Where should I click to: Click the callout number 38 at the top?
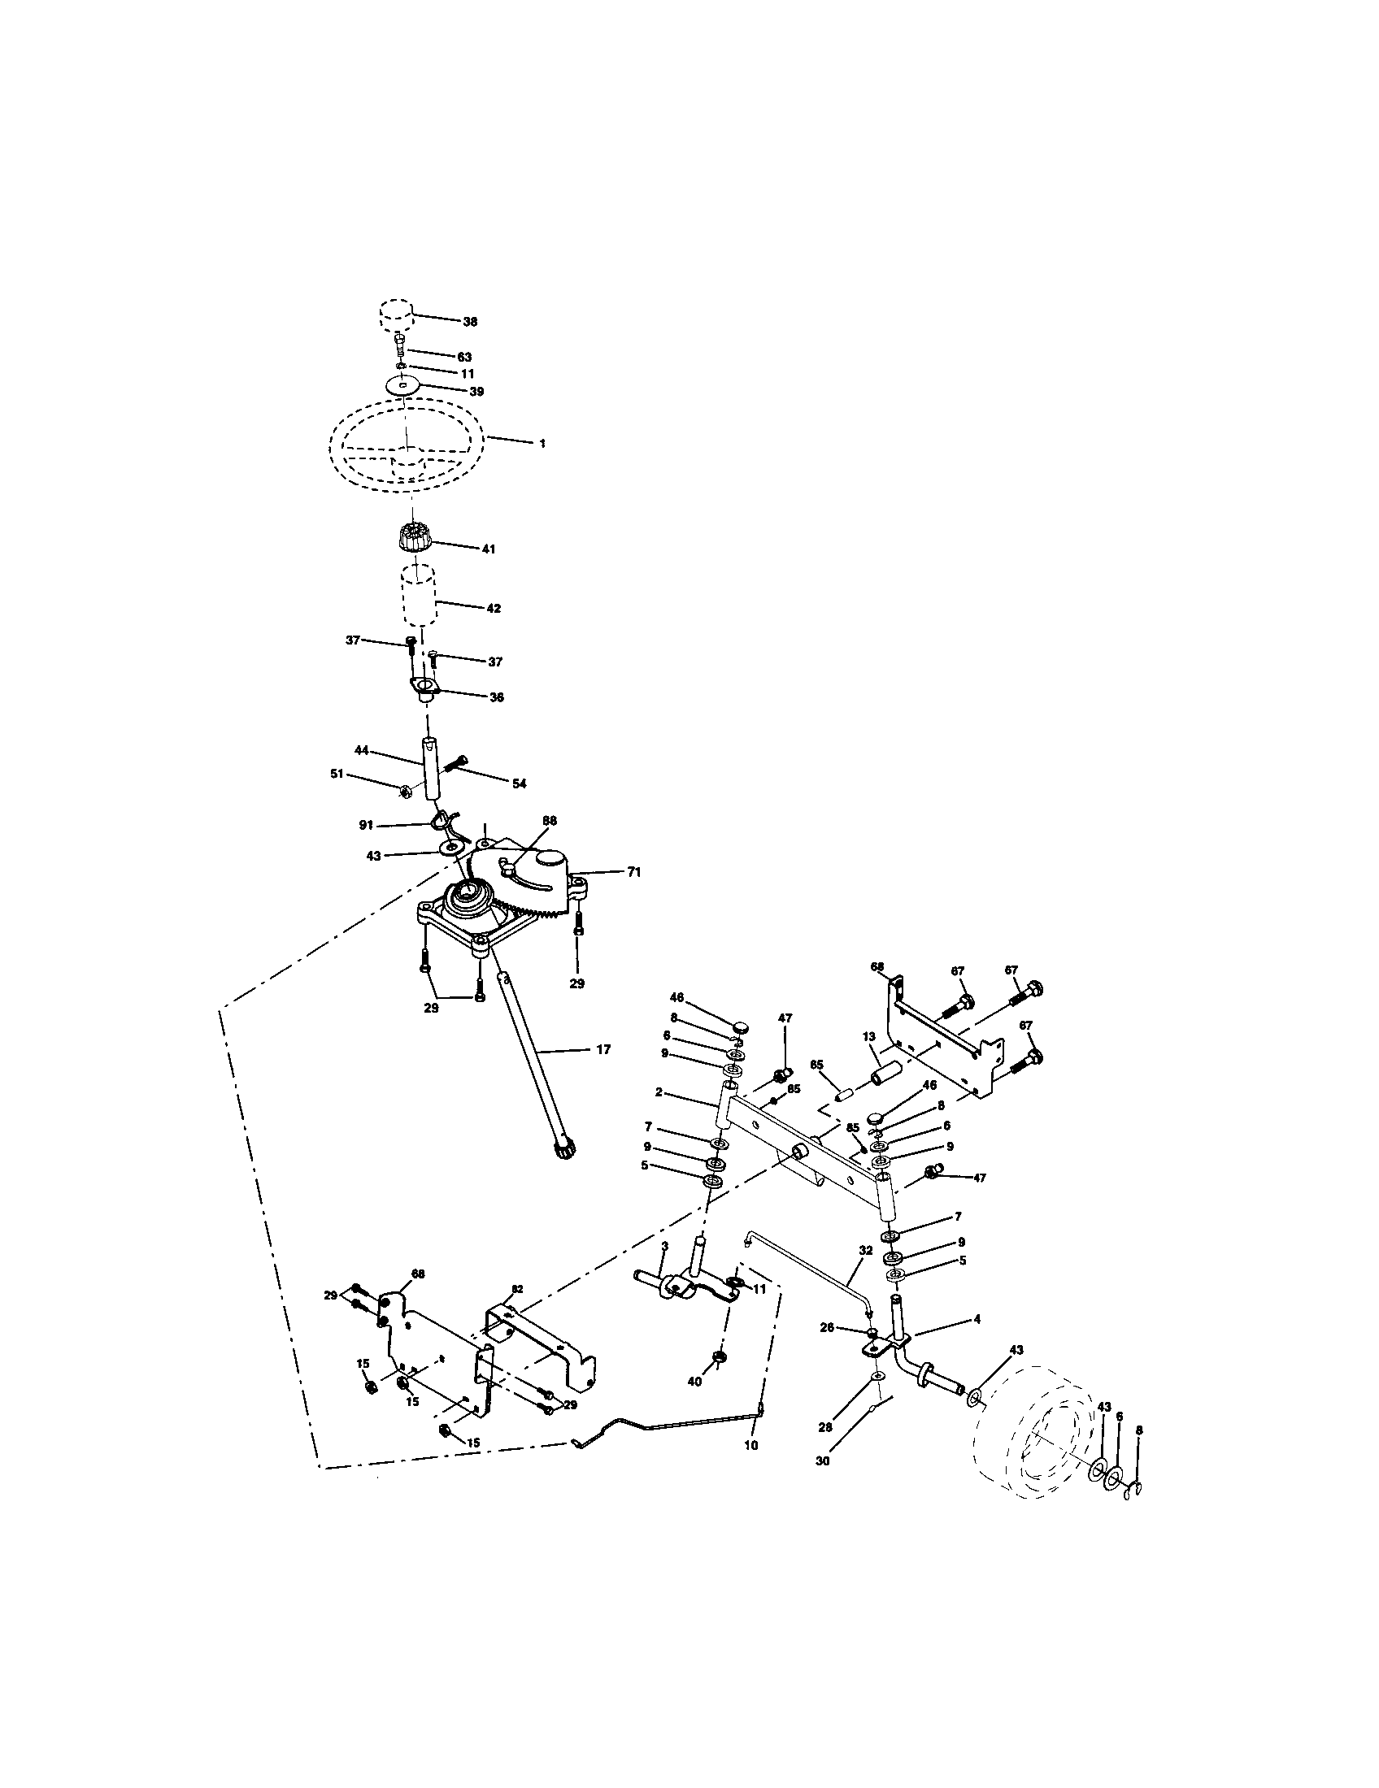click(470, 322)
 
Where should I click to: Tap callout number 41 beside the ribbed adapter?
click(488, 549)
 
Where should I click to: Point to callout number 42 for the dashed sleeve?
click(493, 608)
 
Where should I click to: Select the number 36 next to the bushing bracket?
click(496, 697)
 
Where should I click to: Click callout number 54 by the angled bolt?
click(520, 783)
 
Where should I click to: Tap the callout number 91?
click(366, 826)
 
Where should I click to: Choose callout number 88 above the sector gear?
click(550, 819)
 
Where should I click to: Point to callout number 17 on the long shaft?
click(602, 1048)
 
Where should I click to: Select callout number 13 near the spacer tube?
click(868, 1036)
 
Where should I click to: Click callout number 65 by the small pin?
click(816, 1065)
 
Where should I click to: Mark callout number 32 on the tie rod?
click(866, 1274)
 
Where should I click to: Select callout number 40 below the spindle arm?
click(694, 1381)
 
